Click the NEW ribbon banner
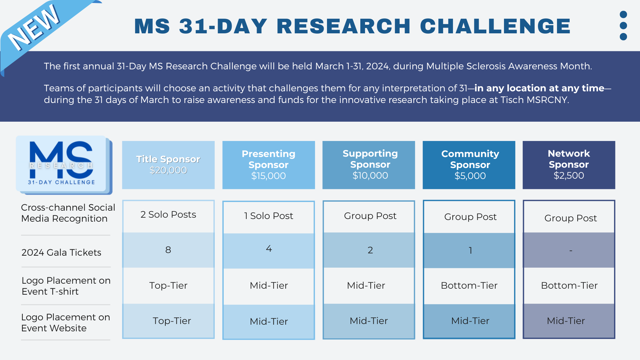[x=37, y=32]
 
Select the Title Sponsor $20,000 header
[x=168, y=165]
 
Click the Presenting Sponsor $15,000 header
[x=269, y=165]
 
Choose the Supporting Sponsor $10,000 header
[x=369, y=165]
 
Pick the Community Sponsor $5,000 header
[x=469, y=165]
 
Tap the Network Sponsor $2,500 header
[x=569, y=165]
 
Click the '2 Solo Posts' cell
[x=168, y=215]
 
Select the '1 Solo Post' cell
[x=269, y=216]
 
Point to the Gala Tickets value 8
[x=168, y=250]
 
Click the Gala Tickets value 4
[x=269, y=249]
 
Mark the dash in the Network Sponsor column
[x=571, y=250]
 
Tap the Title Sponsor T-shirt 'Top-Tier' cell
[x=168, y=286]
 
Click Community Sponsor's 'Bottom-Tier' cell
[x=469, y=286]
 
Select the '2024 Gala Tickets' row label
[x=61, y=253]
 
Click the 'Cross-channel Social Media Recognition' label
[x=68, y=213]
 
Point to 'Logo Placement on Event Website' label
[x=66, y=323]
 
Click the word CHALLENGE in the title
[x=495, y=26]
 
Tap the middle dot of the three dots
[x=623, y=26]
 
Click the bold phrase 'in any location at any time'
[x=539, y=88]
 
